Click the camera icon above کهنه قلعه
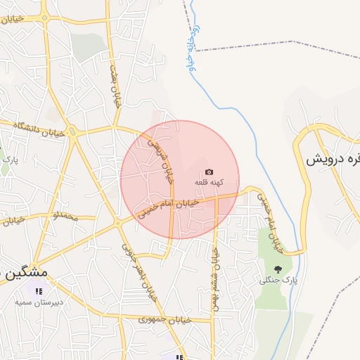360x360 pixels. click(209, 172)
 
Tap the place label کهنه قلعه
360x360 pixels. click(209, 183)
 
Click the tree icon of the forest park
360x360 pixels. click(278, 269)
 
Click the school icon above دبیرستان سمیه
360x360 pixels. click(39, 290)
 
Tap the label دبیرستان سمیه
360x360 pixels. click(40, 302)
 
